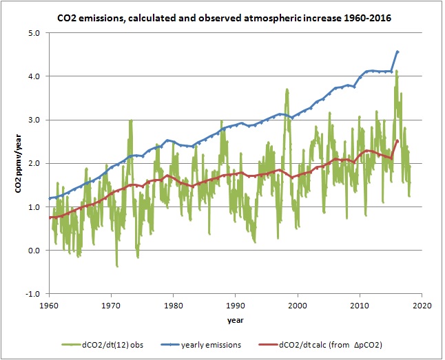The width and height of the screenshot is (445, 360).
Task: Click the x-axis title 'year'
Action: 234,320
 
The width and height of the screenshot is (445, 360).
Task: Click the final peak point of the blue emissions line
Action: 397,52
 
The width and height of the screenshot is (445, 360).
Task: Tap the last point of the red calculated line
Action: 397,141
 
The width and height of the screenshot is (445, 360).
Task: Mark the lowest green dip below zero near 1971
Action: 117,266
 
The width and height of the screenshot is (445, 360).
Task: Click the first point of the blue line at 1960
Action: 50,198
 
